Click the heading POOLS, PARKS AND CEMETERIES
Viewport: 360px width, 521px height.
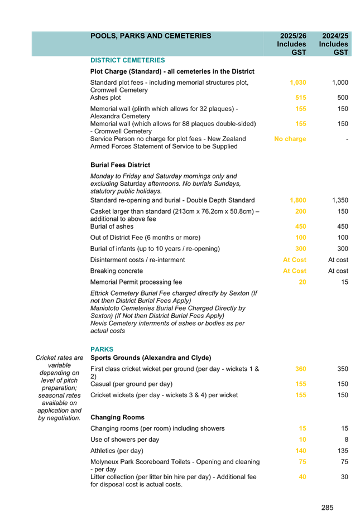point(151,36)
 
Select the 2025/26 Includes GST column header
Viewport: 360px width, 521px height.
point(292,44)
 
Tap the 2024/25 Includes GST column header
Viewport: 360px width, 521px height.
point(334,44)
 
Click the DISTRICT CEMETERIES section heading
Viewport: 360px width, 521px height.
point(127,60)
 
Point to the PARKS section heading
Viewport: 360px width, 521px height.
point(102,349)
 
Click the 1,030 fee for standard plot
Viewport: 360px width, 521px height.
point(298,83)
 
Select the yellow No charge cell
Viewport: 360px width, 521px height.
point(290,139)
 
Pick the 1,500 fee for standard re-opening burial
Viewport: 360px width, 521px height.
point(298,200)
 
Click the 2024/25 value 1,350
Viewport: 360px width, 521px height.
point(340,200)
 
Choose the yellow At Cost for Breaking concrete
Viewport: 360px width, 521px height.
point(294,271)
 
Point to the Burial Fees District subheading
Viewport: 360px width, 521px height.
point(120,165)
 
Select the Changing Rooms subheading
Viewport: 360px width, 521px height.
point(117,417)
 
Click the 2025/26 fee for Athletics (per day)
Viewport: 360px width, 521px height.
point(301,451)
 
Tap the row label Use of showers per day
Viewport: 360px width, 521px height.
point(124,440)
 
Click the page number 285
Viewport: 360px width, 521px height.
point(327,508)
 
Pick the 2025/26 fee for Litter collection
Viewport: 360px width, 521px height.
point(303,477)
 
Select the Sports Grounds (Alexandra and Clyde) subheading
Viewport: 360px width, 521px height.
point(151,358)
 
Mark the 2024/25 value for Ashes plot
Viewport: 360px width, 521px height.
point(342,98)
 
